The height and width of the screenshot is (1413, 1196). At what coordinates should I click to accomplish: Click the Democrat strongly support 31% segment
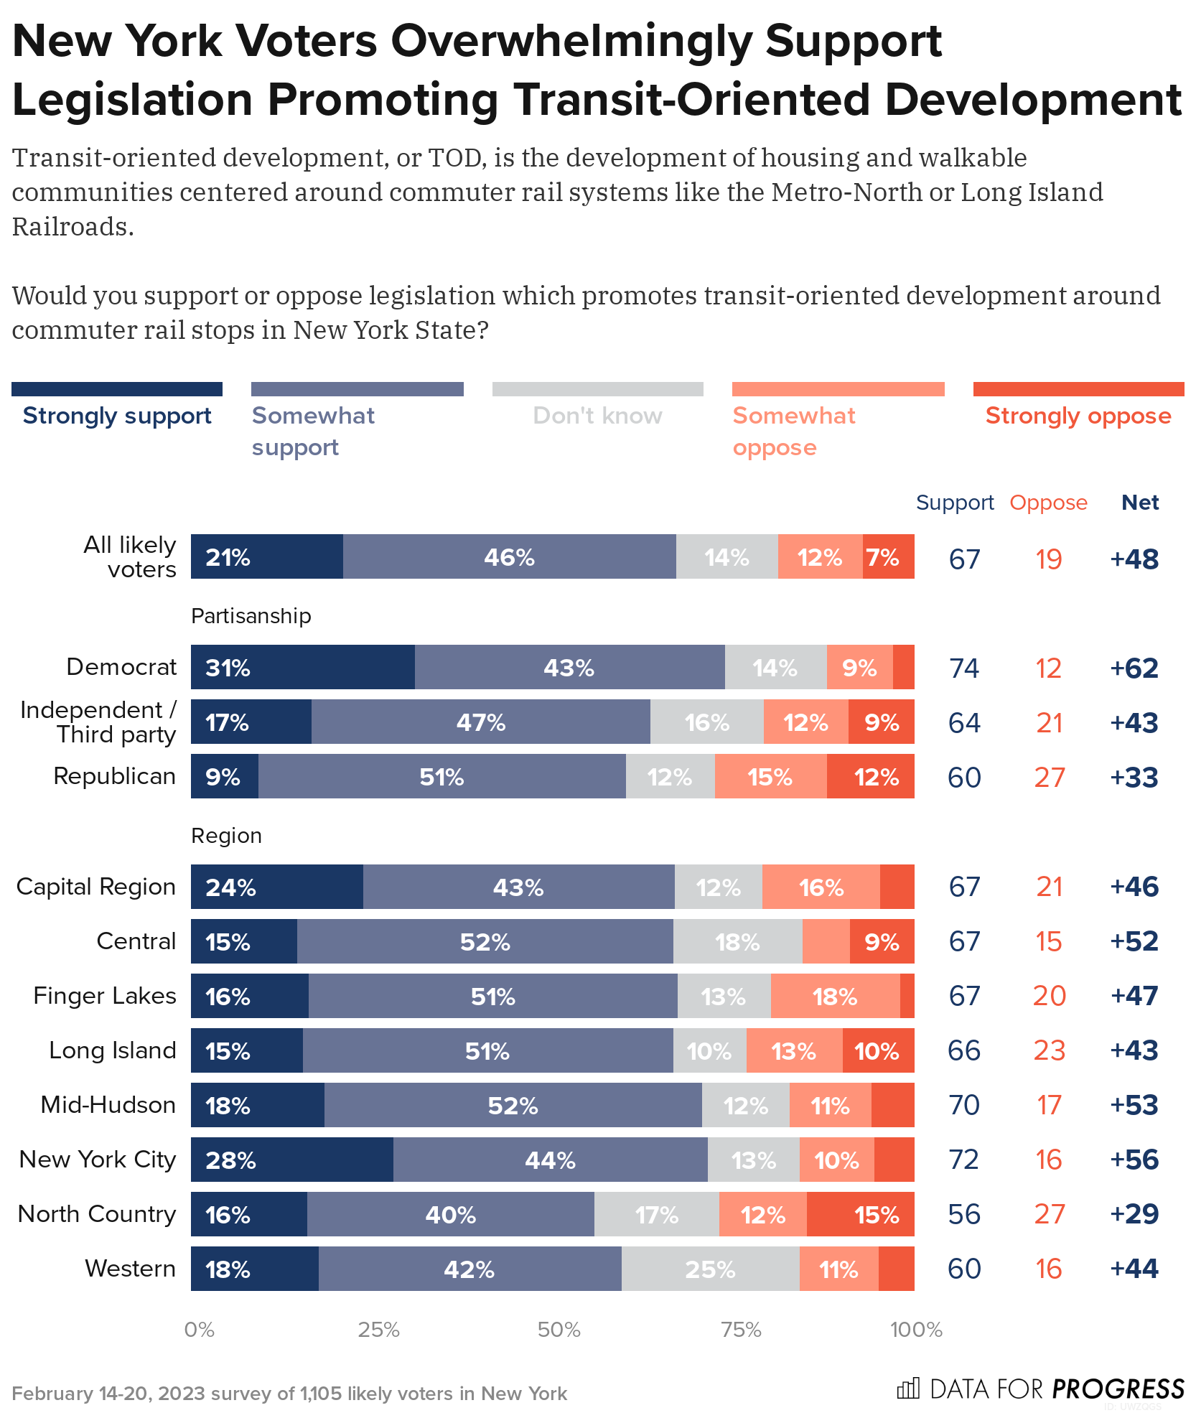coord(302,667)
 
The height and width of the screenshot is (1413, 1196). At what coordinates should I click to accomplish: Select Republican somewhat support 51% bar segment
coord(442,776)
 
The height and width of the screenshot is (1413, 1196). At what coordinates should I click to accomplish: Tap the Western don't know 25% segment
coord(710,1269)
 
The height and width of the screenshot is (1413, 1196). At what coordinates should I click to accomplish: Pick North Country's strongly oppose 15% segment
coord(860,1214)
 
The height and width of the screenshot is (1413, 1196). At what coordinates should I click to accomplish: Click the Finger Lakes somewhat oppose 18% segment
coord(835,996)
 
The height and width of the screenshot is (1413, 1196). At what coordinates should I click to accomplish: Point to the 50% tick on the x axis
coord(559,1330)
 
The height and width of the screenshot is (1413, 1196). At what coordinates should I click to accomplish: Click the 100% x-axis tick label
coord(915,1330)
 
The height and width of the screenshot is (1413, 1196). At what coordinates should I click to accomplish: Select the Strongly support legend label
coord(117,416)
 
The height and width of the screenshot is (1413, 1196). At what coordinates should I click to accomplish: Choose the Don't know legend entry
coord(597,416)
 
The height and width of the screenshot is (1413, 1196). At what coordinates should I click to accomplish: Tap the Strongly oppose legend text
coord(1078,416)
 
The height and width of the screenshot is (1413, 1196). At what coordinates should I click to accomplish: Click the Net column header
coord(1140,503)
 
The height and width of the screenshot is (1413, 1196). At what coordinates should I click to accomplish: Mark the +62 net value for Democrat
coord(1134,668)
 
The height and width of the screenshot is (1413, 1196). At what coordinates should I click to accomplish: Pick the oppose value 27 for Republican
coord(1049,778)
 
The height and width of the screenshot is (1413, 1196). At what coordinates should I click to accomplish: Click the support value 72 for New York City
coord(963,1160)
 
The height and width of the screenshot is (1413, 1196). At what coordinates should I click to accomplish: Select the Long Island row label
coord(112,1050)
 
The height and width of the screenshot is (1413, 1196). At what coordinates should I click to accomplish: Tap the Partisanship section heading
coord(251,616)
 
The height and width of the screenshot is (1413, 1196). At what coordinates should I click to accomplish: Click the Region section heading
coord(226,836)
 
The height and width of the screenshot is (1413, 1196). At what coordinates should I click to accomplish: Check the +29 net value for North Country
coord(1134,1214)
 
